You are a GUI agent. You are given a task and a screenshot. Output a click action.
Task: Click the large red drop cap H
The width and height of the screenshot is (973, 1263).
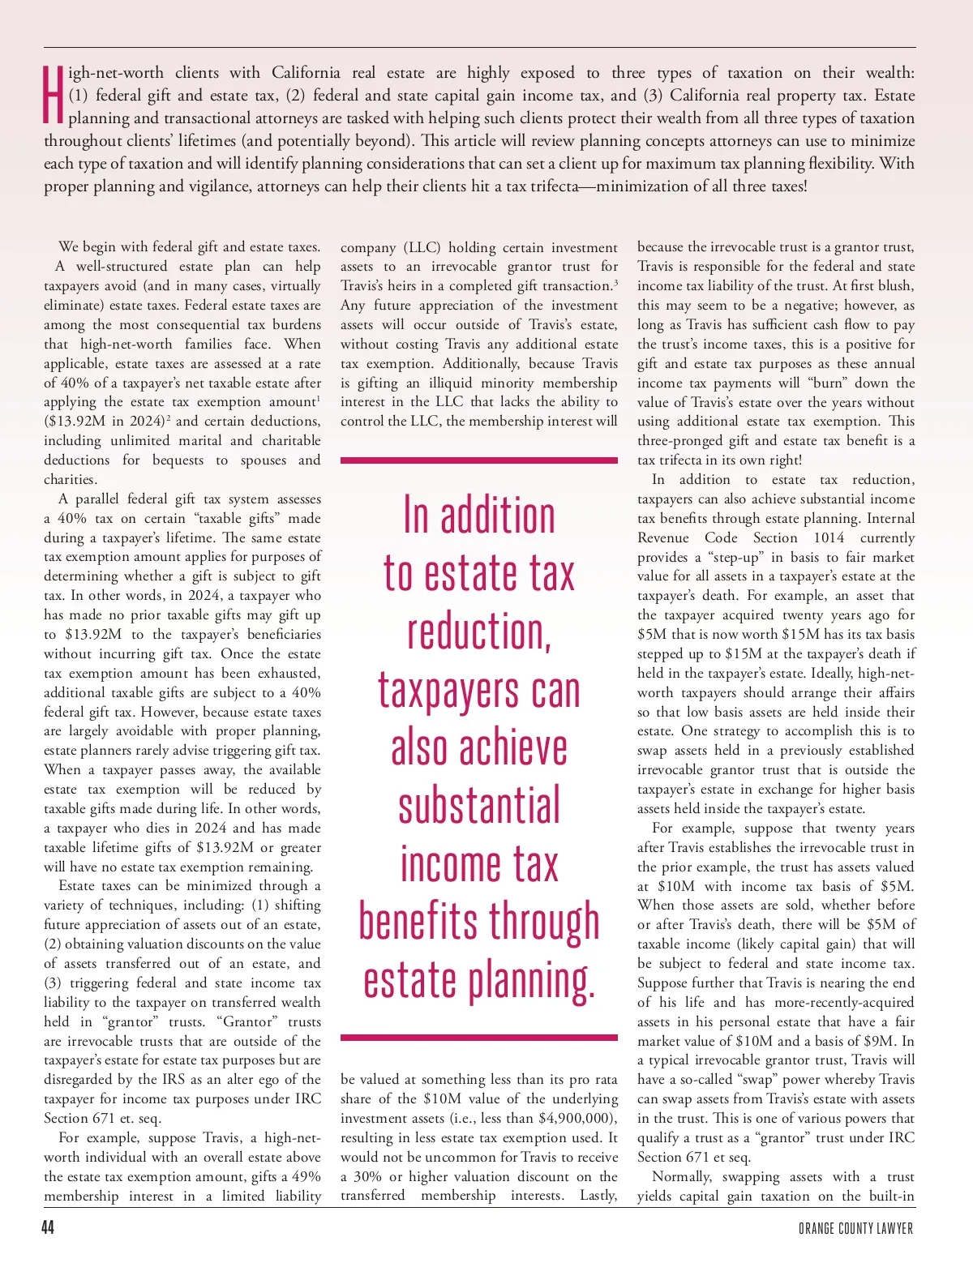coord(54,95)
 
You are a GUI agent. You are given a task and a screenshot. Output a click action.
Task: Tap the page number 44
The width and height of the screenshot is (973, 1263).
coord(48,1227)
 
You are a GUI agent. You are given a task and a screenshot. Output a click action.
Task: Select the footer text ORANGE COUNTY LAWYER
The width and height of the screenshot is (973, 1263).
coord(855,1228)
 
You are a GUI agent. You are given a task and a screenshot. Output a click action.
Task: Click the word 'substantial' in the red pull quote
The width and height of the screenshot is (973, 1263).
coord(479,806)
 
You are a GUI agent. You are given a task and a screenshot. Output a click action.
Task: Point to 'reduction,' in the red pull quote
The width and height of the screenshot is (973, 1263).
coord(479,632)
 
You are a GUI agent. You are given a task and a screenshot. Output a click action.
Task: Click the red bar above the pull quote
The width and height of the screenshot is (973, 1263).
coord(478,460)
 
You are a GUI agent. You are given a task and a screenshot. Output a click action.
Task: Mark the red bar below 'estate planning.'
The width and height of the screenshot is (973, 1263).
coord(478,1037)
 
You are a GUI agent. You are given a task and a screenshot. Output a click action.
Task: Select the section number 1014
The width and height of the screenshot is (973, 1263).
coord(829,537)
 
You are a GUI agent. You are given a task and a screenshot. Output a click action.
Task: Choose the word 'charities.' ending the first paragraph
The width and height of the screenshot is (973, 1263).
coord(71,479)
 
